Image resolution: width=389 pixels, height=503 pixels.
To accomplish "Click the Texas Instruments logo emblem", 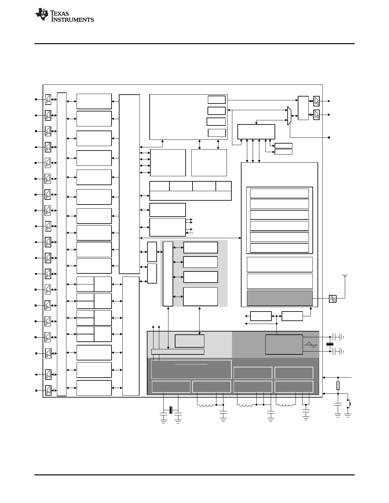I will (x=42, y=15).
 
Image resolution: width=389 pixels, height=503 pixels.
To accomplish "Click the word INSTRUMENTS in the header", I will (x=73, y=20).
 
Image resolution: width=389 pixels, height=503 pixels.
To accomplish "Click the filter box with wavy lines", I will (x=332, y=298).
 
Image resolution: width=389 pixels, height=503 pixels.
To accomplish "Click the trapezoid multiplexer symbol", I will (x=289, y=116).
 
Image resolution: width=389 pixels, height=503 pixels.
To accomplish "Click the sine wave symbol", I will (x=311, y=345).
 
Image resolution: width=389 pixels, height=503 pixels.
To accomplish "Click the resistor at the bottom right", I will (x=338, y=386).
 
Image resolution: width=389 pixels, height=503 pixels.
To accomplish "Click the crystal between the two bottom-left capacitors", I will (x=171, y=410).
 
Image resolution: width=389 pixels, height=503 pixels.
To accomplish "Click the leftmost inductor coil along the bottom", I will (x=206, y=405).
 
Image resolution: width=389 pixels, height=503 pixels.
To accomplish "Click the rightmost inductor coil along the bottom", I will (x=286, y=405).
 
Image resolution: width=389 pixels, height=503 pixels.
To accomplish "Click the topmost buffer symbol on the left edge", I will (x=48, y=99).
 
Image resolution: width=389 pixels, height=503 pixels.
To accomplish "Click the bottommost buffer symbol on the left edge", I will (x=48, y=390).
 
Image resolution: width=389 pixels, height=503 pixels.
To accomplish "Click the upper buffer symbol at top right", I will (x=317, y=101).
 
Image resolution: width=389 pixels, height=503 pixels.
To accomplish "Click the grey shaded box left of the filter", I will (x=280, y=298).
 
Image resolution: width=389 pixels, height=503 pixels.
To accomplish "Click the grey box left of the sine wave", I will (x=284, y=344).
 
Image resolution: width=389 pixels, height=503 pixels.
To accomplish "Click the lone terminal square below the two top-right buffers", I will (x=329, y=137).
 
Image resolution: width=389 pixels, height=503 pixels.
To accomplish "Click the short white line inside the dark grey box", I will (x=191, y=364).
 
